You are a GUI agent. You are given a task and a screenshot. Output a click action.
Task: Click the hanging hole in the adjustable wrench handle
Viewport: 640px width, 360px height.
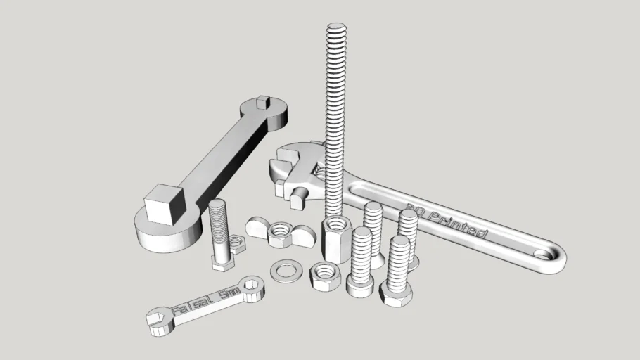click(549, 255)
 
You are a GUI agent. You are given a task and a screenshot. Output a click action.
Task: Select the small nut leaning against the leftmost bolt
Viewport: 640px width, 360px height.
click(237, 244)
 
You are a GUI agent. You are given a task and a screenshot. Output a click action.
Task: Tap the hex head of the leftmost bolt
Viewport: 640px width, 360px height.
click(224, 262)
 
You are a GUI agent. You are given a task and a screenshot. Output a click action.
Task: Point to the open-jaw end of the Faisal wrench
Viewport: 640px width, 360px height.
click(159, 321)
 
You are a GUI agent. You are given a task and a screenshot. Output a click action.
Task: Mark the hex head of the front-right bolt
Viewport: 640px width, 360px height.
click(397, 293)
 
